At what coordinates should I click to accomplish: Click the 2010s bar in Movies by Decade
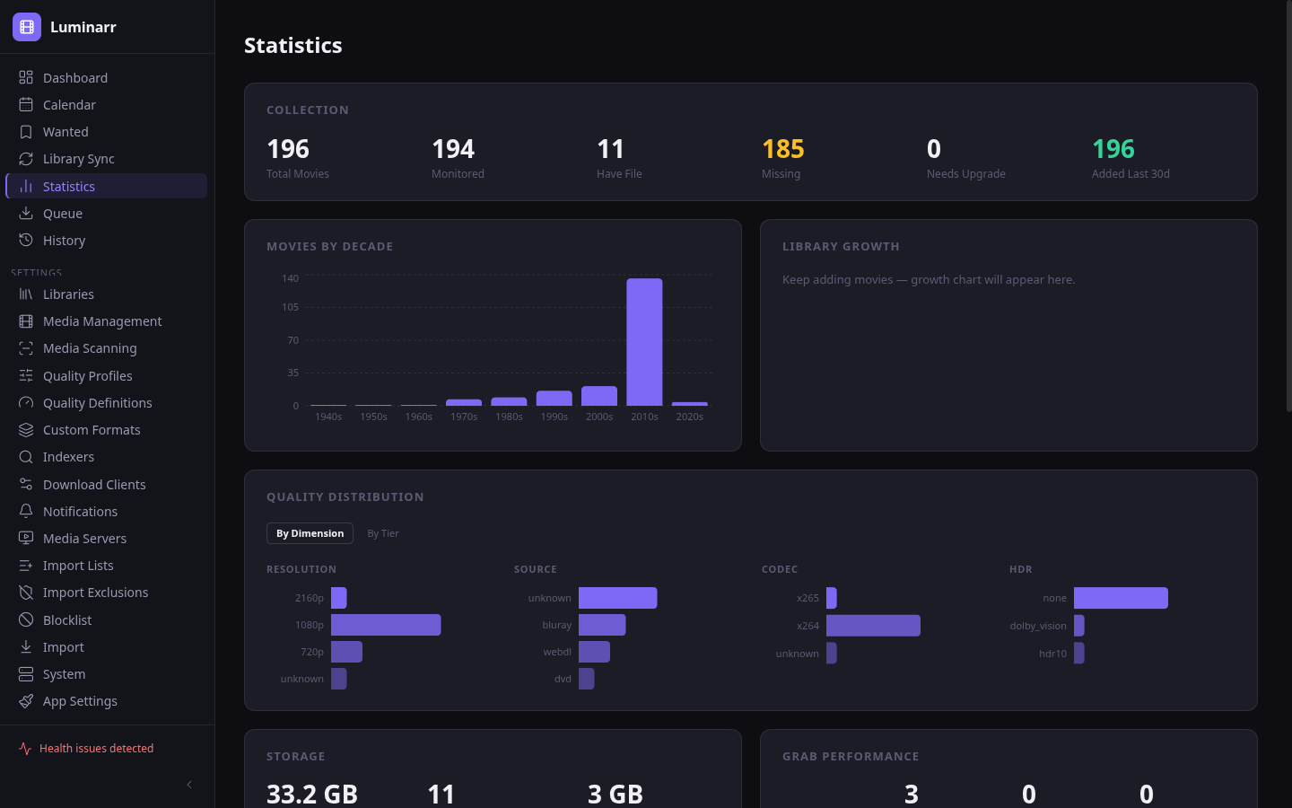pos(644,342)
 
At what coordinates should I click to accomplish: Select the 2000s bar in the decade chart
pos(599,396)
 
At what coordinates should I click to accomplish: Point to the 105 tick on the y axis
pos(290,307)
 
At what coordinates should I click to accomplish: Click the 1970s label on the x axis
pos(464,417)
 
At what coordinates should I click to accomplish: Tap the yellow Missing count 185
pos(782,149)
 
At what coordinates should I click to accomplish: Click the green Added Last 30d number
pos(1113,149)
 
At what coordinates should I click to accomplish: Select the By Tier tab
pos(383,533)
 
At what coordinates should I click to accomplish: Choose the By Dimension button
pos(310,533)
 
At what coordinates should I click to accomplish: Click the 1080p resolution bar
pos(386,625)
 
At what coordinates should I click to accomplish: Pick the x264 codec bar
pos(873,626)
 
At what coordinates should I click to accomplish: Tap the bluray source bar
pos(602,625)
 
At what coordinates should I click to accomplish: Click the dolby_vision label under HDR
pos(1038,626)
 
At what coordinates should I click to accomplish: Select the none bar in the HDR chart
pos(1121,598)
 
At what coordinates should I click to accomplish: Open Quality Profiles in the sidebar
pos(87,376)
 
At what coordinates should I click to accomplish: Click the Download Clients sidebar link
pos(94,485)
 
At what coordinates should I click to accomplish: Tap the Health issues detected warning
pos(96,749)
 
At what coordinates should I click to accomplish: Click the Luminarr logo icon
pos(27,27)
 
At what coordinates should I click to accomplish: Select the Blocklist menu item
pos(67,620)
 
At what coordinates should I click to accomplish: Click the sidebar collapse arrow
pos(189,785)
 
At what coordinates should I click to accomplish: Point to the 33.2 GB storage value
pos(312,794)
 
